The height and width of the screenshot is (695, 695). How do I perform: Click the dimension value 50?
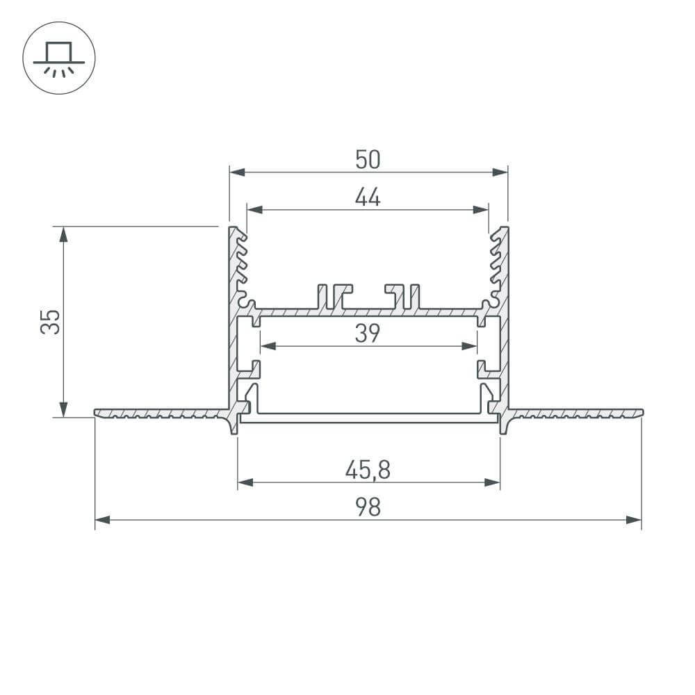coord(368,161)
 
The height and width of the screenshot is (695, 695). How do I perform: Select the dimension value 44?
coord(368,198)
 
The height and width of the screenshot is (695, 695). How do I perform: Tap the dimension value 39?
coord(368,334)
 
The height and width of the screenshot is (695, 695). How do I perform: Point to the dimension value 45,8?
coord(368,471)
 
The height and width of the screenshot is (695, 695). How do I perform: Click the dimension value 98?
coord(368,508)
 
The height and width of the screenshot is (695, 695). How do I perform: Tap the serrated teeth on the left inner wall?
coord(241,268)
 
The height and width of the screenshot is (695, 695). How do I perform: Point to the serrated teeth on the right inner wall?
coord(496,268)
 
